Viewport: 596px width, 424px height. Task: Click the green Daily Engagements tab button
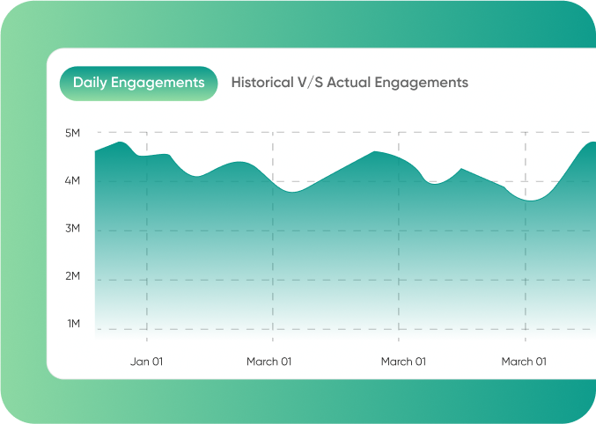point(138,83)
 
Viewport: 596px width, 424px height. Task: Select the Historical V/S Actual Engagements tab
point(350,83)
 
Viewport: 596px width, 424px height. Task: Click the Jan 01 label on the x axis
point(146,362)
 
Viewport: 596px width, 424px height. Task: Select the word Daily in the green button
point(90,83)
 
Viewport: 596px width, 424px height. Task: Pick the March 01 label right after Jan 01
point(269,362)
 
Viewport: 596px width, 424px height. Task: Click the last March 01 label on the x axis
point(524,362)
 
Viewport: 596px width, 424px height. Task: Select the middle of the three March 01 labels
point(403,362)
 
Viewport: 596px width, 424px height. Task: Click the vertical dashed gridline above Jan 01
point(146,264)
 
